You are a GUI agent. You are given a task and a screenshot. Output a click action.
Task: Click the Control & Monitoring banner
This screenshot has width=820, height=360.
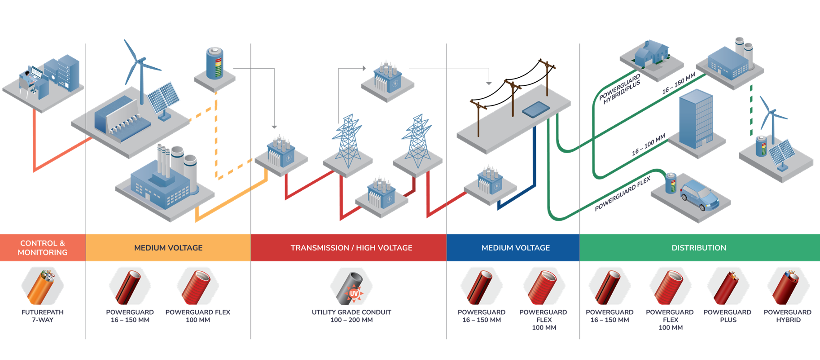43,248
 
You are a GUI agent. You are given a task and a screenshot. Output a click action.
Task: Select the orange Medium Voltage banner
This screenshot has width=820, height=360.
168,248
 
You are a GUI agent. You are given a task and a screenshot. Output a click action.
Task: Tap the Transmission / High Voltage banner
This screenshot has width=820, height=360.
351,248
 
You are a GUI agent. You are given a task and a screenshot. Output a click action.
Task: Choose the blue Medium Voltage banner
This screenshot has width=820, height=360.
515,248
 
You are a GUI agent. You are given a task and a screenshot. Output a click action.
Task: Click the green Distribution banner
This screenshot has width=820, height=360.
699,248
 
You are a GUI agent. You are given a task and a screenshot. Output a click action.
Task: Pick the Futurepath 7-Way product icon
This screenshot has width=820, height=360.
42,286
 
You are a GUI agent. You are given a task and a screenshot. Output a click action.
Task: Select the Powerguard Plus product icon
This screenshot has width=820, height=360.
728,286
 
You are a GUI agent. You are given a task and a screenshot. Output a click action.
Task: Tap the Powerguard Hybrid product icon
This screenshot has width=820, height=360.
788,286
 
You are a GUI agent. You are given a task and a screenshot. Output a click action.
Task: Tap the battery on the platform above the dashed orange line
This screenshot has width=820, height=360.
215,63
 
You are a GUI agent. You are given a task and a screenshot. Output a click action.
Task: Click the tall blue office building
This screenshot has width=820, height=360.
696,119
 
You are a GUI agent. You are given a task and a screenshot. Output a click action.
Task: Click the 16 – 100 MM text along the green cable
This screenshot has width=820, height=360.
648,145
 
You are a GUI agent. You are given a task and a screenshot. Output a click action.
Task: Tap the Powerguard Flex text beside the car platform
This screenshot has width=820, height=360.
623,194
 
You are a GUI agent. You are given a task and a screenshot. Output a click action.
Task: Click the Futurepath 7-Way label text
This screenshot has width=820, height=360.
43,316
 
